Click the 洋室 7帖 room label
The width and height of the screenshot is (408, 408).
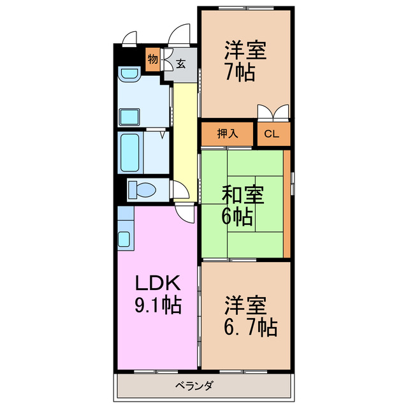point(245,61)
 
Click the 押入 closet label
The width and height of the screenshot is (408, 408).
point(228,134)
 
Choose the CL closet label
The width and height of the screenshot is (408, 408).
point(272,134)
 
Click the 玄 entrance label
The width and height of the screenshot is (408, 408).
point(180,64)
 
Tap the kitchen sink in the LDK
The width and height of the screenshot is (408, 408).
point(124,240)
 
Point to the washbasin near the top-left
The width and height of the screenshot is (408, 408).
point(130,76)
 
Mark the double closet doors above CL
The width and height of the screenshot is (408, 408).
point(272,113)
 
